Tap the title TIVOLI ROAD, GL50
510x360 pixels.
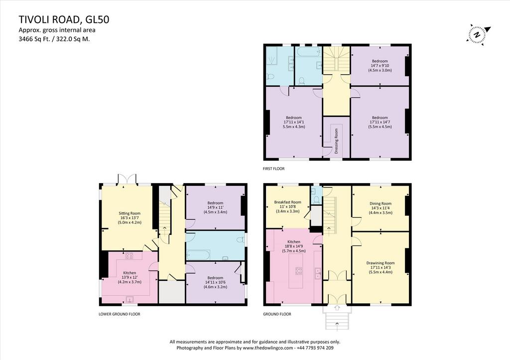click(64, 19)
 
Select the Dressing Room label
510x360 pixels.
click(336, 141)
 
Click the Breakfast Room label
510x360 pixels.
click(287, 202)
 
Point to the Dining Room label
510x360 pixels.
click(380, 204)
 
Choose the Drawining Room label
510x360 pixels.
click(380, 263)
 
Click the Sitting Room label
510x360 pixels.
click(129, 213)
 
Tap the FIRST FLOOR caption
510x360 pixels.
click(273, 169)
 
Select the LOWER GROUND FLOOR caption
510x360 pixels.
click(120, 314)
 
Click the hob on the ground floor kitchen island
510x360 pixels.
click(299, 271)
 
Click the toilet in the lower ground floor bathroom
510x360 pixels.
click(240, 240)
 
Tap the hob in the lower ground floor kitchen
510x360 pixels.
click(129, 255)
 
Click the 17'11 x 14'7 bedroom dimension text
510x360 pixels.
click(380, 122)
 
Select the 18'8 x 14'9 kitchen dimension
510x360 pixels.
click(293, 246)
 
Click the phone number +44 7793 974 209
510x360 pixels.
click(315, 348)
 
